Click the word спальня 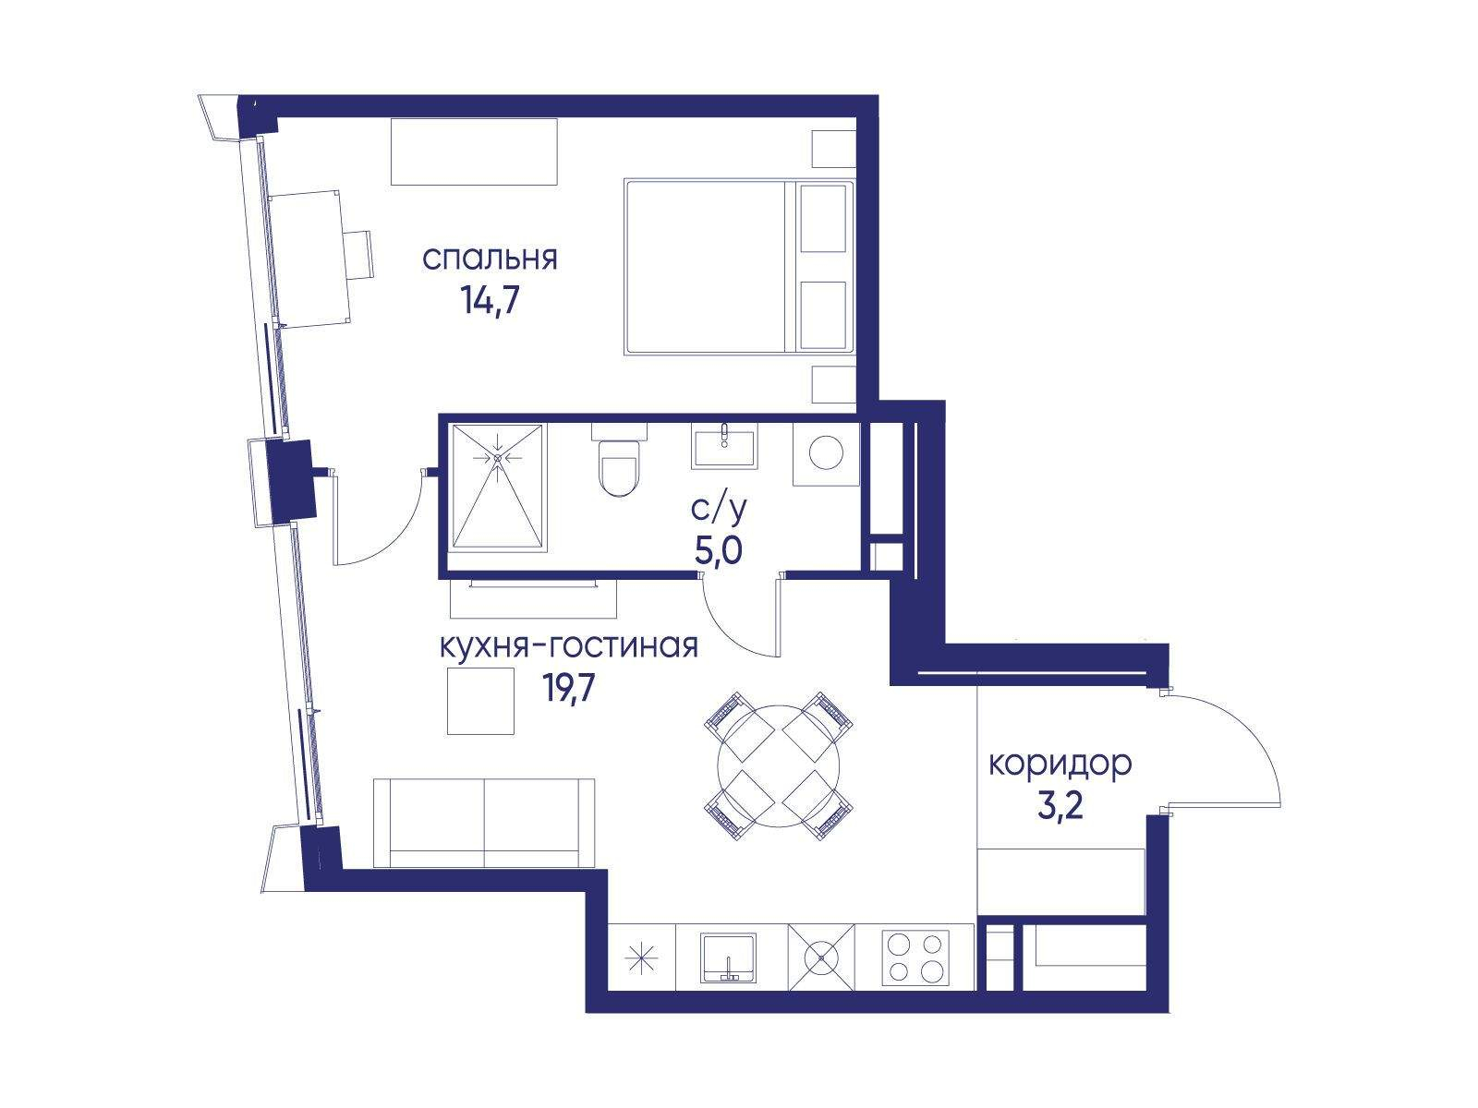point(490,259)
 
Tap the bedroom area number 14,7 point(491,300)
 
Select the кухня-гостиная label point(569,646)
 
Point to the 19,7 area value point(570,688)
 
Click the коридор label point(1060,765)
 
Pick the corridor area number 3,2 point(1060,807)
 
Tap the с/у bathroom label point(719,510)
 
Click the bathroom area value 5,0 point(719,551)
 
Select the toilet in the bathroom point(618,460)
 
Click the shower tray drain point(498,457)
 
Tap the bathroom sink point(724,445)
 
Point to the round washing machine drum point(826,452)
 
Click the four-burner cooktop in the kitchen point(915,958)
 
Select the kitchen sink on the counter point(728,957)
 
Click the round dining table point(779,765)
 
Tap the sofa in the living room point(484,824)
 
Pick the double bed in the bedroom point(739,267)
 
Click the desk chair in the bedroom point(357,254)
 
